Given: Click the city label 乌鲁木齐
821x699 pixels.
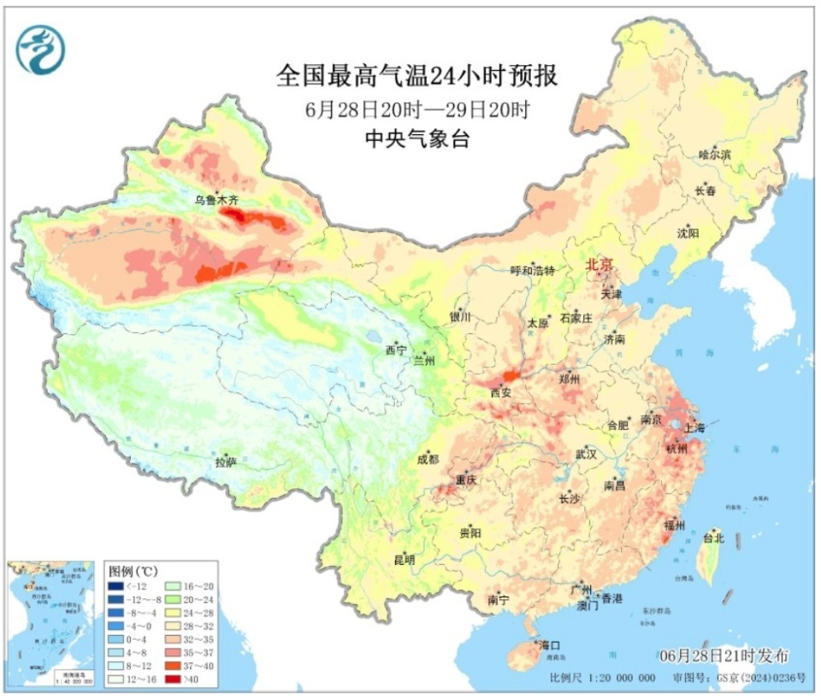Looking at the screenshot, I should click(216, 200).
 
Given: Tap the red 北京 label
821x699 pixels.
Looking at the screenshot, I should click(600, 266).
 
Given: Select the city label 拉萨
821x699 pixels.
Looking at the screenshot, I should click(226, 464).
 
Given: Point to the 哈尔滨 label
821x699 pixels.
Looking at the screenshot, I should click(715, 156).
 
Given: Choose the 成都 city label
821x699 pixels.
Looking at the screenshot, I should click(428, 460).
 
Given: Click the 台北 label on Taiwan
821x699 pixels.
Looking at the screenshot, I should click(713, 538).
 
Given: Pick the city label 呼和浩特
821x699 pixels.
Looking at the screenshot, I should click(533, 271).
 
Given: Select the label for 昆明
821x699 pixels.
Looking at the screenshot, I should click(404, 561).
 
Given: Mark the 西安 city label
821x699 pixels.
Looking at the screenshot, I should click(500, 393).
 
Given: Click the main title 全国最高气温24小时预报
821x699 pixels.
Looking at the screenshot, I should click(416, 77).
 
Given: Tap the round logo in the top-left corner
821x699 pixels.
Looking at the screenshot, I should click(40, 49).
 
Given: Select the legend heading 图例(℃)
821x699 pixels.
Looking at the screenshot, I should click(132, 569).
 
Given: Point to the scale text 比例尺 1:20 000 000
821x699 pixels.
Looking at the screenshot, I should click(603, 678).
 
